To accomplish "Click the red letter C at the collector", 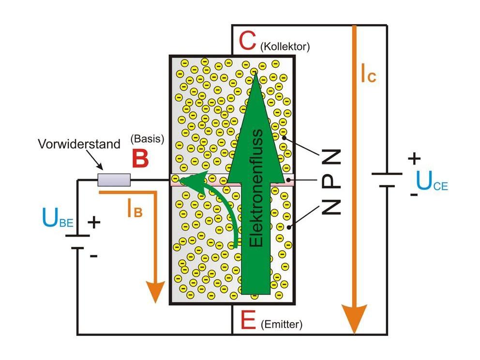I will (x=247, y=42).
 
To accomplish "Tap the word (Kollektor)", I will (x=285, y=47).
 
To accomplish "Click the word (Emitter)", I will (x=281, y=325).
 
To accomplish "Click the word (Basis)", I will (x=147, y=138).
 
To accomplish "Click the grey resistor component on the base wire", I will (x=114, y=180).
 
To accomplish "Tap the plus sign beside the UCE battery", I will (x=414, y=158).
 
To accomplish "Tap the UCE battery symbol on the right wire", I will (x=387, y=180).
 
